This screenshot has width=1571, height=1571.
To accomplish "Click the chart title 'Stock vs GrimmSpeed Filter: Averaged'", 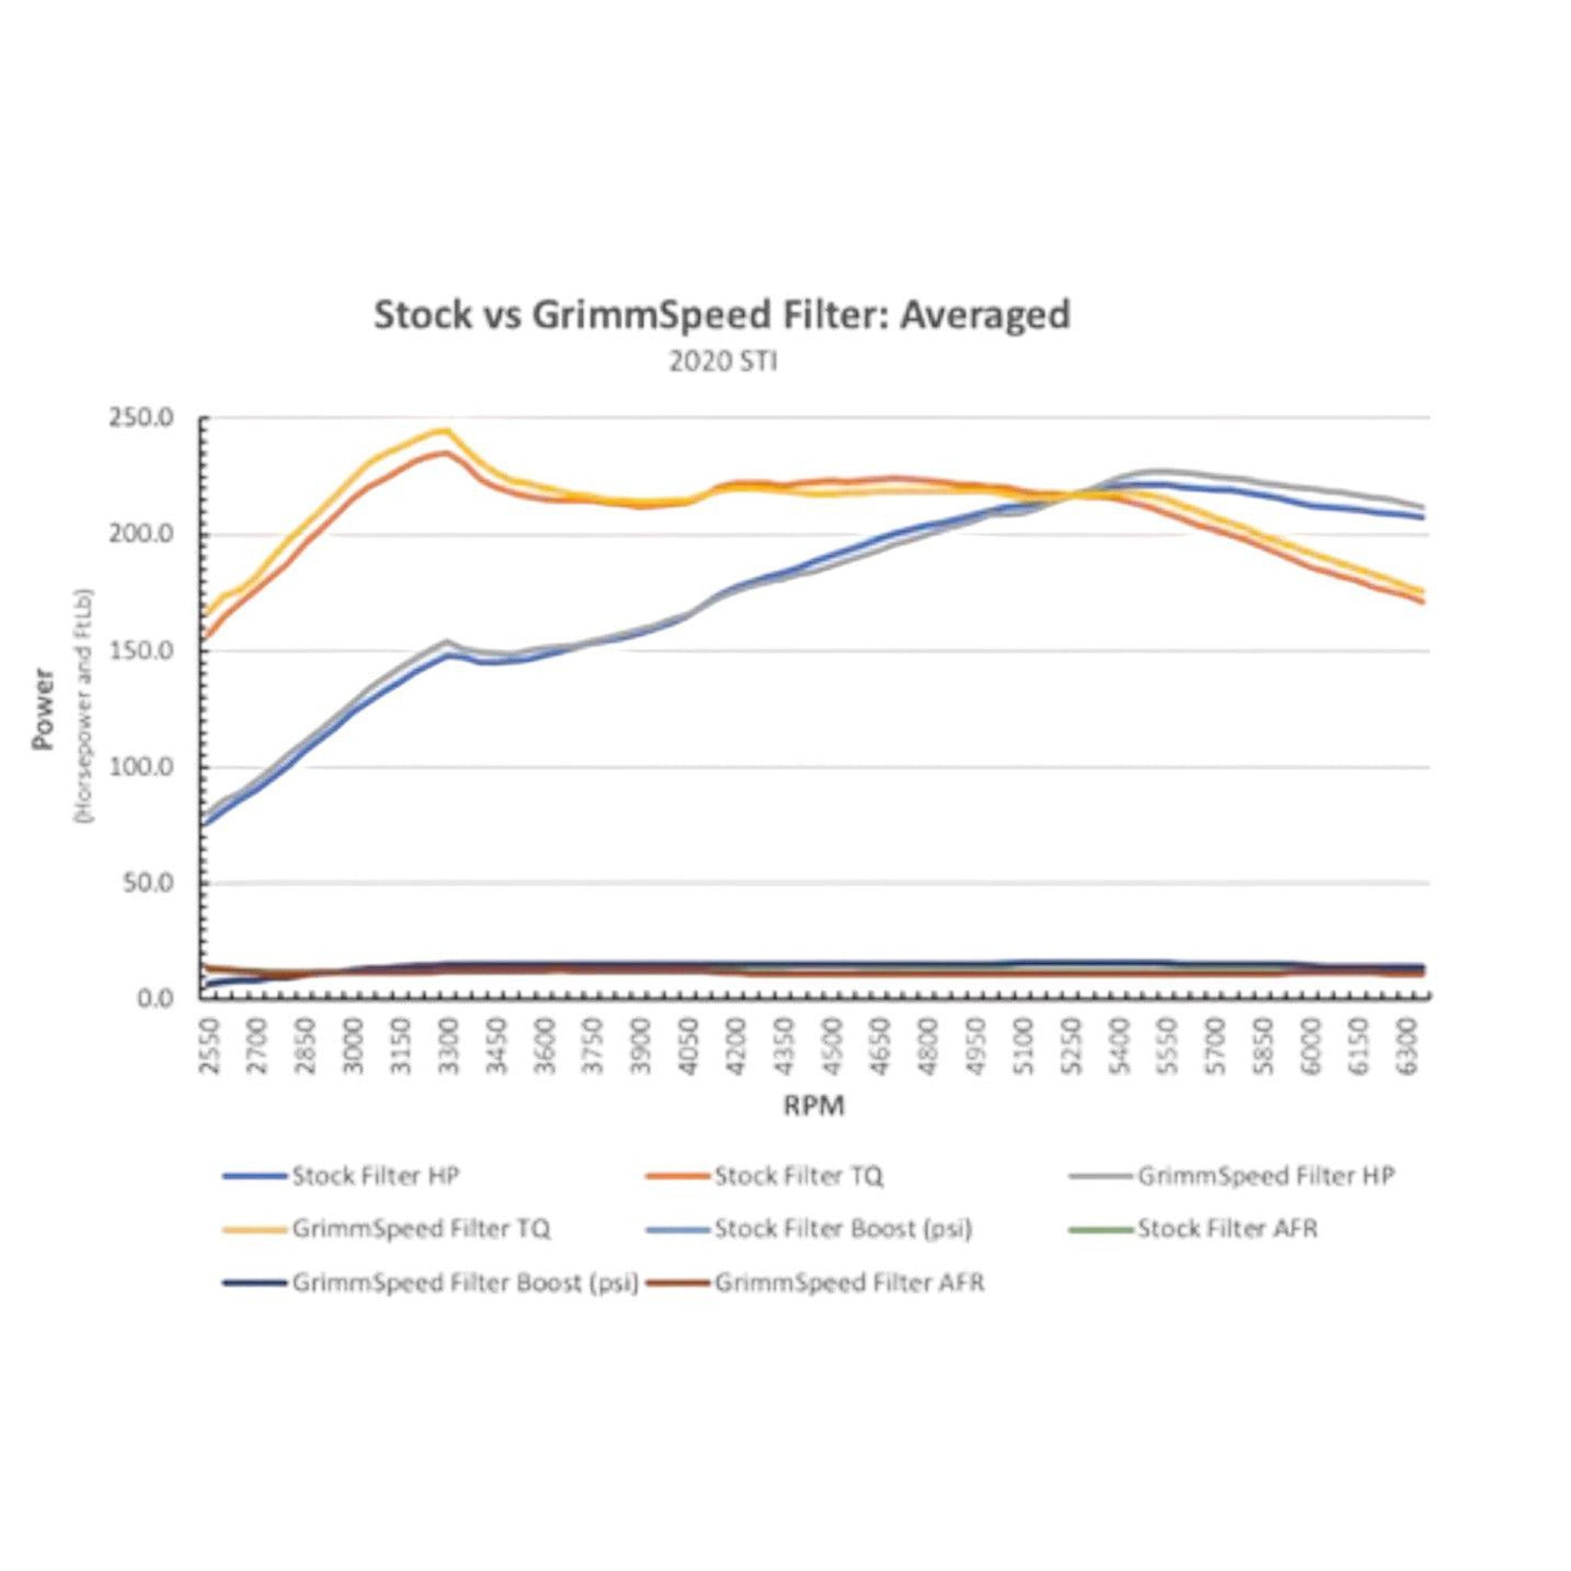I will tap(721, 315).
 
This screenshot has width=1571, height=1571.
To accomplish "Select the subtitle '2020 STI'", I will tap(723, 362).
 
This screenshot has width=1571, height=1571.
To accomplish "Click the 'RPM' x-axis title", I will tap(814, 1105).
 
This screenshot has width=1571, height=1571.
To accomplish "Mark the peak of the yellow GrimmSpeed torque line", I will tap(445, 430).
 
